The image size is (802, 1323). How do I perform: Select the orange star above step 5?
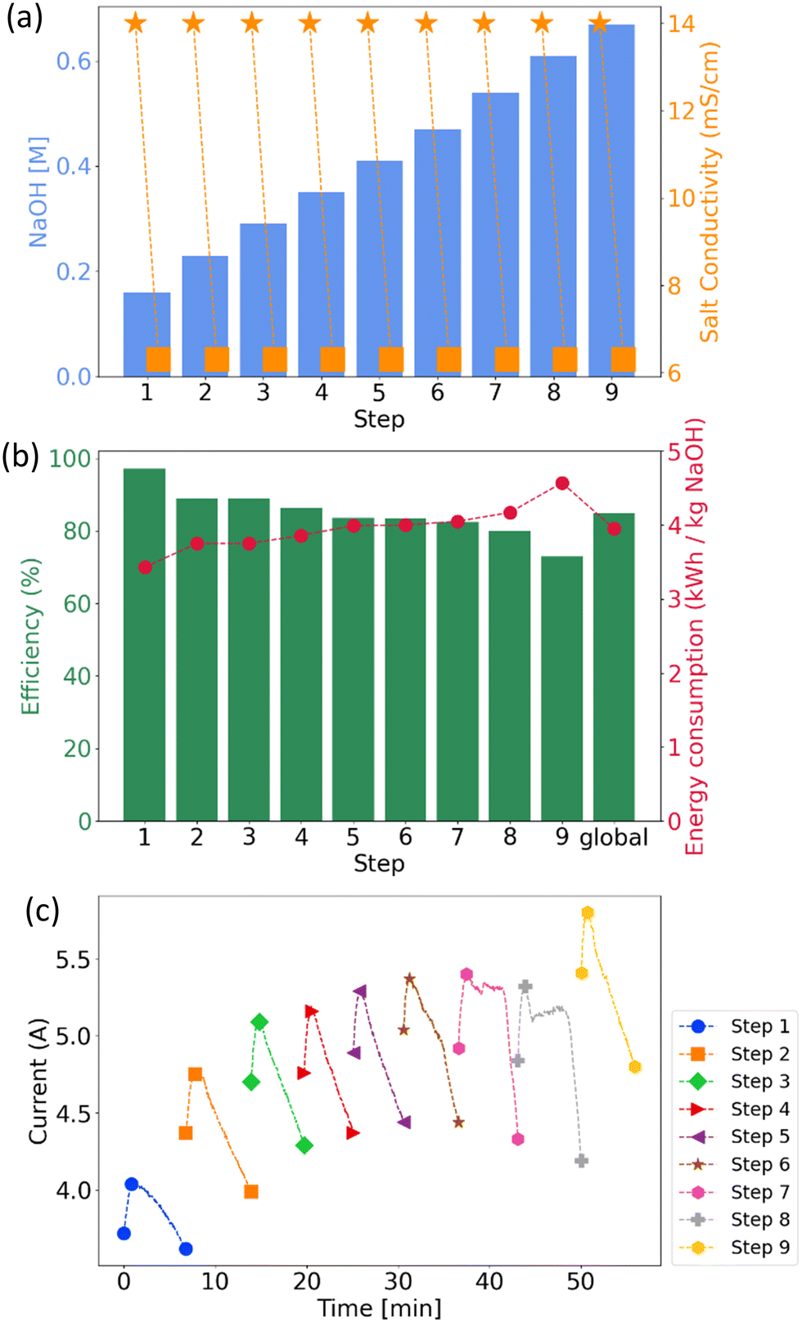pyautogui.click(x=367, y=24)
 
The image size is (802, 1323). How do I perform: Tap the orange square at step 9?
pyautogui.click(x=624, y=359)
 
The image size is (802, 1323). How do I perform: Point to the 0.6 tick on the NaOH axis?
pyautogui.click(x=73, y=61)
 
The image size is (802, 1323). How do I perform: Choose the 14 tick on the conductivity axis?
pyautogui.click(x=681, y=24)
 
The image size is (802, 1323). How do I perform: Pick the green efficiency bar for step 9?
pyautogui.click(x=561, y=687)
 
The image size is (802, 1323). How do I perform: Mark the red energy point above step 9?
pyautogui.click(x=562, y=484)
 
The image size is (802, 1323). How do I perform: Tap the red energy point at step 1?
pyautogui.click(x=145, y=568)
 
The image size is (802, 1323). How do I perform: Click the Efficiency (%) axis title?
pyautogui.click(x=31, y=637)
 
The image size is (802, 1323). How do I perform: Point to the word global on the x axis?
pyautogui.click(x=614, y=838)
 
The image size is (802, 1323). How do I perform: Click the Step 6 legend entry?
pyautogui.click(x=734, y=1164)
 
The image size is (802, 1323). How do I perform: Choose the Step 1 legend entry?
pyautogui.click(x=734, y=1026)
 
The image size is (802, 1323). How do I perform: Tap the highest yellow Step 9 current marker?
pyautogui.click(x=588, y=913)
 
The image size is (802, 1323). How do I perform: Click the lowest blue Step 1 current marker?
pyautogui.click(x=186, y=1249)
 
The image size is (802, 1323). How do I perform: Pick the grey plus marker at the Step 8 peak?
pyautogui.click(x=525, y=987)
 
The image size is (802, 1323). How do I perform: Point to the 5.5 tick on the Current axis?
pyautogui.click(x=73, y=960)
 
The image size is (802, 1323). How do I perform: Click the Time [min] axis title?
pyautogui.click(x=379, y=1307)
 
